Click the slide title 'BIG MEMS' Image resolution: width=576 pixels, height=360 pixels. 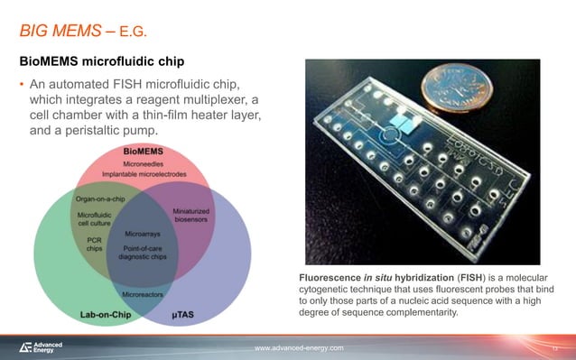tap(60, 33)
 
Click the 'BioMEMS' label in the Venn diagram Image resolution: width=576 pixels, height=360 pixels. tap(144, 151)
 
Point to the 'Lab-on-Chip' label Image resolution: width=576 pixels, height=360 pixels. tap(90, 314)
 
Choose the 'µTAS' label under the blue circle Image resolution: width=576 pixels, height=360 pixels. tap(189, 314)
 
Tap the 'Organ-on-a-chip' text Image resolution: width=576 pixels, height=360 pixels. tap(100, 199)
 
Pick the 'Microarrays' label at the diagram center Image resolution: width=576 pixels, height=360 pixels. tap(143, 233)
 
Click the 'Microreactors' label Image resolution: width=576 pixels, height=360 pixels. tap(143, 293)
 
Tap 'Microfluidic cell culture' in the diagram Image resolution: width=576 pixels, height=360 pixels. tap(94, 219)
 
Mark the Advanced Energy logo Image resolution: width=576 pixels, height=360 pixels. tap(42, 347)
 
